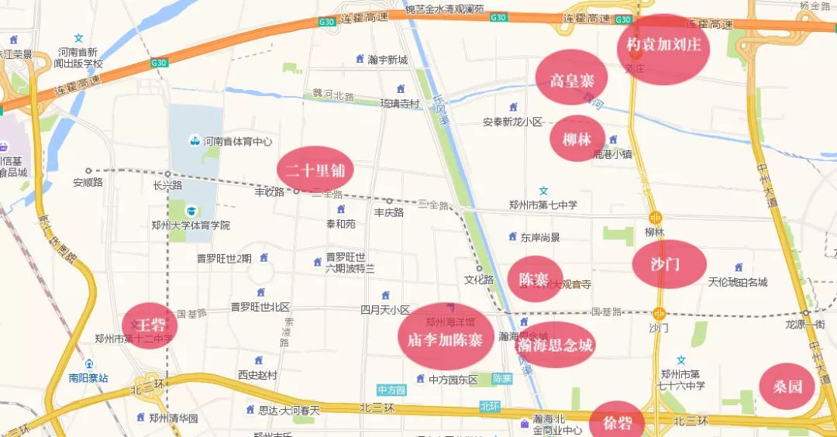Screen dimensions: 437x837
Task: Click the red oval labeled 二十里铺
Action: (315, 170)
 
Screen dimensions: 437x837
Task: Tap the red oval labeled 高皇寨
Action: (571, 78)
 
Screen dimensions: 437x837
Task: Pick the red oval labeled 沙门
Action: (669, 264)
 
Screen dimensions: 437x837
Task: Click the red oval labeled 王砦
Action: (150, 325)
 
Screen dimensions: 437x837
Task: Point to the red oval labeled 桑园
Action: (787, 387)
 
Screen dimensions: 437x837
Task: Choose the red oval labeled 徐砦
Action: (616, 423)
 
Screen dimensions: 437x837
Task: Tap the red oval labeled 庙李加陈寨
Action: (445, 338)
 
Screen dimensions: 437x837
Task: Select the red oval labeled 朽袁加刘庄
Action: (663, 46)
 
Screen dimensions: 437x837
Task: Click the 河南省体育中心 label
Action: (237, 142)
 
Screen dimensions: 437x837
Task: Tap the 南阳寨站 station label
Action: (88, 379)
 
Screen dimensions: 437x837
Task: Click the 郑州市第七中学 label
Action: (543, 205)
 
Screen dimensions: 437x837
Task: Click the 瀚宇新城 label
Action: (387, 60)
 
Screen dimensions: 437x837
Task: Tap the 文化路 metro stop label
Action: (479, 279)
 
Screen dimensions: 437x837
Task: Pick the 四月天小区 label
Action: (385, 309)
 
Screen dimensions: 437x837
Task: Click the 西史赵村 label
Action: (257, 374)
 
